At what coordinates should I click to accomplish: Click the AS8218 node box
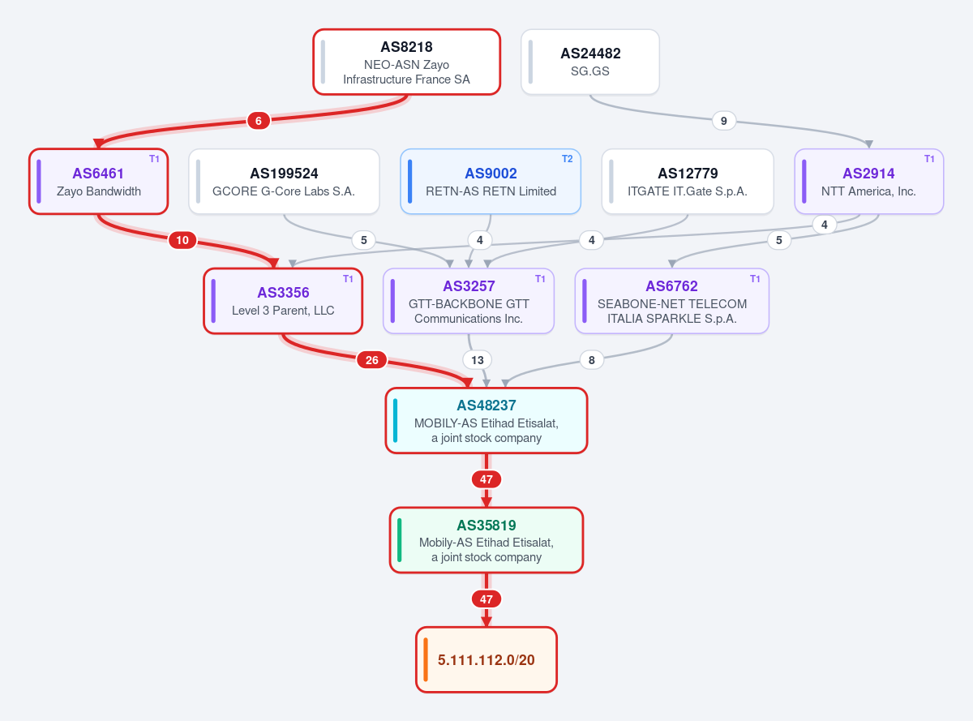click(x=406, y=62)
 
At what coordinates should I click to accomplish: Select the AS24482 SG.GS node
click(x=590, y=62)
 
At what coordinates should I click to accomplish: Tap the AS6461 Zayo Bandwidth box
click(x=98, y=182)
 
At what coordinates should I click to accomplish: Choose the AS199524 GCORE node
click(x=284, y=182)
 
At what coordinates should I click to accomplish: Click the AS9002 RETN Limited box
click(x=491, y=182)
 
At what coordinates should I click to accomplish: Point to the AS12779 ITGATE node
click(x=688, y=182)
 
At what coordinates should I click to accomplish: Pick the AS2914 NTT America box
click(x=868, y=182)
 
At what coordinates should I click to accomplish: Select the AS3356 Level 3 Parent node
click(x=283, y=301)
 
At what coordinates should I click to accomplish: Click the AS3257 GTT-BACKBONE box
click(x=469, y=301)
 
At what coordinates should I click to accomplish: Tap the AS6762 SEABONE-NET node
click(x=671, y=301)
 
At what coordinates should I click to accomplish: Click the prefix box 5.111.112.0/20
click(x=486, y=659)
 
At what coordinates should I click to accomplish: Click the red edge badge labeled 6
click(x=259, y=121)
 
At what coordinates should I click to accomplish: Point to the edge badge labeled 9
click(x=724, y=121)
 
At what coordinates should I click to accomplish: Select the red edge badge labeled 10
click(x=182, y=240)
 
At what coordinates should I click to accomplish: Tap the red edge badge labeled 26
click(x=371, y=360)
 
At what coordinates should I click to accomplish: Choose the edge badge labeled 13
click(x=478, y=360)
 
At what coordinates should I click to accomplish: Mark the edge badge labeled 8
click(x=591, y=360)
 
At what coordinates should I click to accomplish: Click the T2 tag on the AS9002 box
click(x=568, y=159)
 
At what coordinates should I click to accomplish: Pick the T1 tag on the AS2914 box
click(x=929, y=159)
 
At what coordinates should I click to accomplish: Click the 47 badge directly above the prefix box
click(x=486, y=599)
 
